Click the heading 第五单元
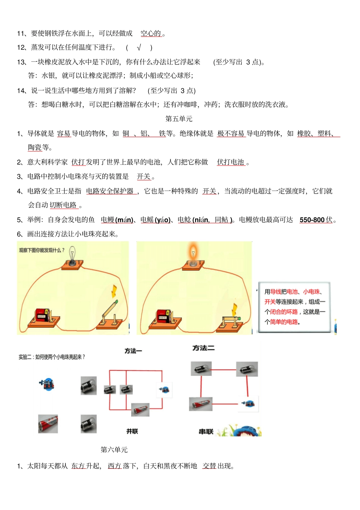click(x=179, y=119)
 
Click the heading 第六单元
click(x=114, y=450)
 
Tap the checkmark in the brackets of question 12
click(x=139, y=47)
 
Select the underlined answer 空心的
click(x=151, y=33)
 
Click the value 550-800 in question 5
click(x=312, y=220)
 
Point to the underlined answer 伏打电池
click(x=230, y=162)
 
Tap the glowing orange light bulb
click(x=193, y=252)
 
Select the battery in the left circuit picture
click(x=41, y=316)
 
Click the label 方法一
click(x=133, y=351)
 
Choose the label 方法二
click(x=203, y=348)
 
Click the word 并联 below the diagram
click(x=132, y=431)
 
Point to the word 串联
click(x=206, y=432)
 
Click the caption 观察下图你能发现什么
click(x=42, y=250)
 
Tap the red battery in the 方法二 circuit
click(x=201, y=404)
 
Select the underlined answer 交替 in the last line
click(x=209, y=466)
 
